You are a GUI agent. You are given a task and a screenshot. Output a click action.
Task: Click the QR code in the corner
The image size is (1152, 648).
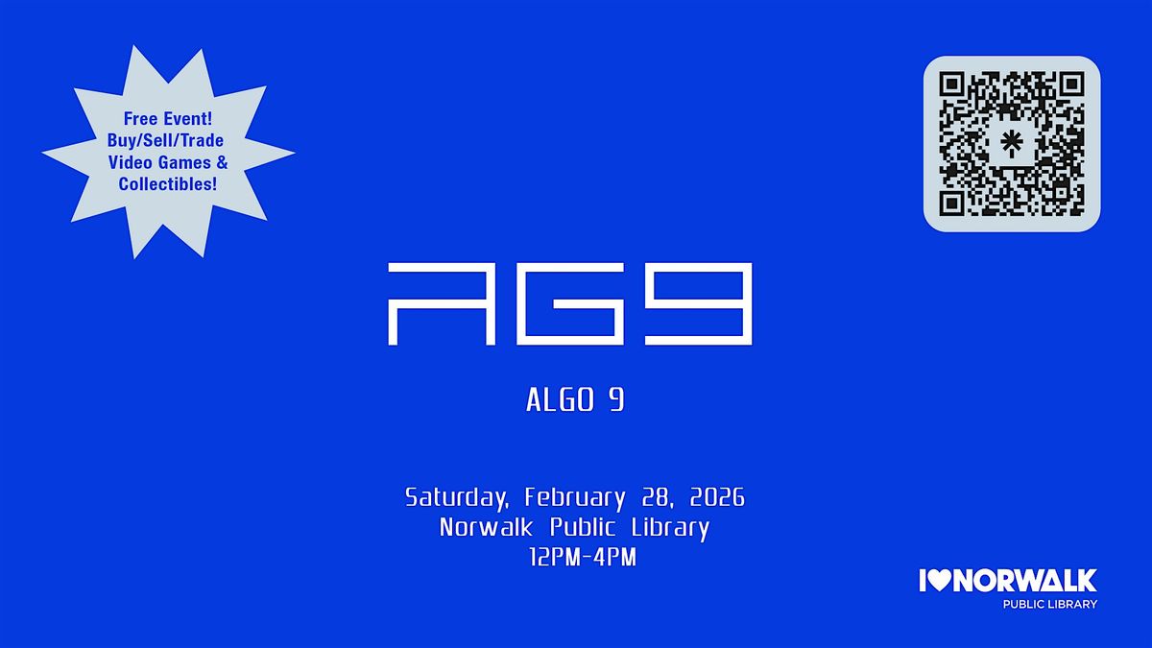(1012, 143)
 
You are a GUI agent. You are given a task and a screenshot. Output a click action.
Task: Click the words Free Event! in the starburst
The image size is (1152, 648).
(168, 119)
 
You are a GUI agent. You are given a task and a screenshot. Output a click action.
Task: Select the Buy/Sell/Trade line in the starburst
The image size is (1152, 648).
(165, 140)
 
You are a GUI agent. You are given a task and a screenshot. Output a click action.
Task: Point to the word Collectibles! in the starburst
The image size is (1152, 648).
(168, 183)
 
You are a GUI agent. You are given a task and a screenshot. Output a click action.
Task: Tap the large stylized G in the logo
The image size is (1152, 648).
(570, 304)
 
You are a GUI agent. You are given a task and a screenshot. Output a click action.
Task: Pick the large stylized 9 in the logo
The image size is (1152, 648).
(699, 304)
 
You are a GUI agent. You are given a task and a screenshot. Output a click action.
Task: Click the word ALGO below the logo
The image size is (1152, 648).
(561, 400)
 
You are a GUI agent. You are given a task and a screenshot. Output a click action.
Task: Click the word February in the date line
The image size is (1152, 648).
(575, 498)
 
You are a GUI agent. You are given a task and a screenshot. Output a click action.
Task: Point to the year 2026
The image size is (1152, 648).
(717, 497)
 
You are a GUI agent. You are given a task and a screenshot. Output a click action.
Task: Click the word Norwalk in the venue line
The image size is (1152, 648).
(486, 527)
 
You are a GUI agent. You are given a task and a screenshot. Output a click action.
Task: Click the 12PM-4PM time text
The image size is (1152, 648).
(583, 558)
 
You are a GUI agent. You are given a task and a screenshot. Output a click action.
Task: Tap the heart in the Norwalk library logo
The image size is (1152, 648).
(940, 581)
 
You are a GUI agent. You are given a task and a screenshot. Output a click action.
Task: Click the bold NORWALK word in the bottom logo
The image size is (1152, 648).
(1024, 581)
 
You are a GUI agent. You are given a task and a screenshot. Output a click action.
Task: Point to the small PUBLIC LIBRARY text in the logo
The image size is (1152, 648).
(1049, 604)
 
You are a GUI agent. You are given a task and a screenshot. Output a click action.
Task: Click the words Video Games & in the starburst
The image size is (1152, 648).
(168, 162)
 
